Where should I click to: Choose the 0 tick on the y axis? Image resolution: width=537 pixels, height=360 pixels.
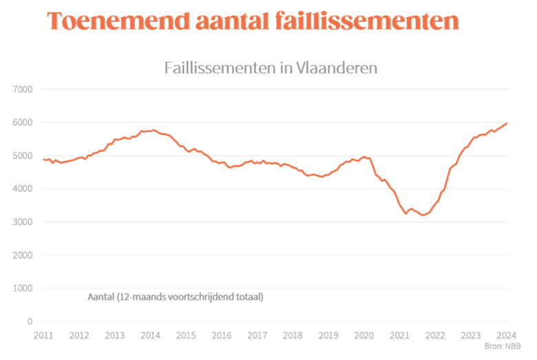pos(30,321)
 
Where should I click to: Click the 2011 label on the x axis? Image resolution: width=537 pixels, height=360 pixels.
pos(43,335)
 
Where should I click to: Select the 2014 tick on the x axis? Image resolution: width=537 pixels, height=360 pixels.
pos(150,335)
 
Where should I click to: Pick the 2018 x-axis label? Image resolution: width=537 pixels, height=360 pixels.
pos(293,335)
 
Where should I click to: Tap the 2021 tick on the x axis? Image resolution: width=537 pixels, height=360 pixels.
pos(399,335)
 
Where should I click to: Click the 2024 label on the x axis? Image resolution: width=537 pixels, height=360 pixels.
pos(507,335)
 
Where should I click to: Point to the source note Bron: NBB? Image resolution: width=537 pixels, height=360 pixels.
pos(502,346)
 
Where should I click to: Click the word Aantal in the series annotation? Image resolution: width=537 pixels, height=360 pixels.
pos(101,297)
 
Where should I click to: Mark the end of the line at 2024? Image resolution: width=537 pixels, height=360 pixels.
pos(507,123)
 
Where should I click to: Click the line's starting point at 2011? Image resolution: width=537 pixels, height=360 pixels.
pos(43,160)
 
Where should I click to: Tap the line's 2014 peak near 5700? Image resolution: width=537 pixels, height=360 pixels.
pos(154,129)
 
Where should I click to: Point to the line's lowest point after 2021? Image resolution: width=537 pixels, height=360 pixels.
pos(423,215)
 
